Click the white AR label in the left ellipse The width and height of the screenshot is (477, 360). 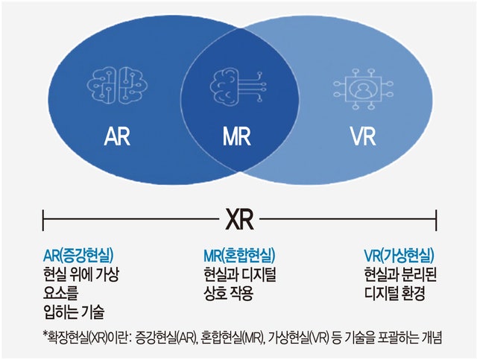117,136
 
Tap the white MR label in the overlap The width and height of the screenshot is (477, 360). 237,136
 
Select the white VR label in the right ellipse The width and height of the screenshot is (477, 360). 364,136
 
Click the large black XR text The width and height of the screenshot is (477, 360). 239,219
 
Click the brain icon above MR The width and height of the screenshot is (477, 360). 237,86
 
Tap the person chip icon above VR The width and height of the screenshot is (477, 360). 363,89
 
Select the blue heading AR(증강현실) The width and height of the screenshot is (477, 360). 78,256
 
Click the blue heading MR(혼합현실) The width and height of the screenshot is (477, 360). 239,256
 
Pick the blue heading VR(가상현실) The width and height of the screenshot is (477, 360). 399,256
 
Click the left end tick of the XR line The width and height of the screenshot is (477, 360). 43,220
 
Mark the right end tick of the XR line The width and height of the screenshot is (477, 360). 437,220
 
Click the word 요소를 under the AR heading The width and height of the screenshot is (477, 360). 61,293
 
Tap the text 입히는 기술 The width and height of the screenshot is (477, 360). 75,312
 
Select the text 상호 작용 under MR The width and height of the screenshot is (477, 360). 229,294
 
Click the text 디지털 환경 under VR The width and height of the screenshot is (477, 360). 394,294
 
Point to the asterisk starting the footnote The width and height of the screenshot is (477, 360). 45,334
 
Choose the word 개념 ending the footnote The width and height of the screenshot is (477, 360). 432,337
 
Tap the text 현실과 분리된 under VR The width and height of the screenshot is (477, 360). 400,274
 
